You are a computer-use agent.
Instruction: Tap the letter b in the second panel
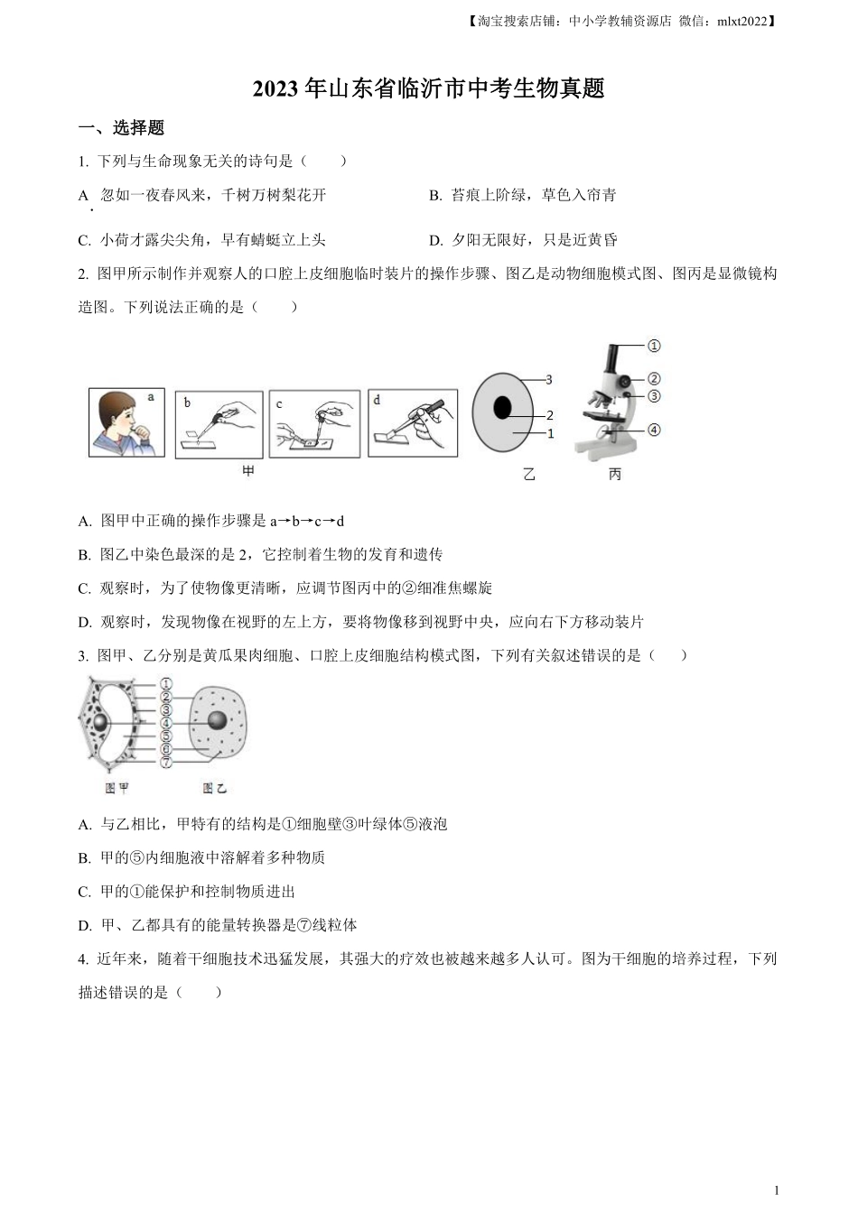click(x=187, y=402)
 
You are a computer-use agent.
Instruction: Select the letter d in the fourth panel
click(x=377, y=399)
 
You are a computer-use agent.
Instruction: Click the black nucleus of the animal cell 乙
click(x=502, y=408)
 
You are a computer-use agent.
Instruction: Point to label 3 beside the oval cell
click(x=548, y=380)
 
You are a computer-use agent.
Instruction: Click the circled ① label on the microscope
click(x=654, y=346)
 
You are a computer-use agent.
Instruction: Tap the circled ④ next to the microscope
click(x=654, y=430)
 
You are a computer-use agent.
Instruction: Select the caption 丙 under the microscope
click(x=614, y=474)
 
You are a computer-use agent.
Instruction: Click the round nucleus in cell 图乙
click(x=218, y=720)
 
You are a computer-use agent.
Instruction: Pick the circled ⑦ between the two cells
click(x=166, y=763)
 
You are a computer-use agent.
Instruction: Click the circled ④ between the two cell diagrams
click(x=166, y=723)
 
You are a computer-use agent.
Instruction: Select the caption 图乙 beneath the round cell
click(x=214, y=788)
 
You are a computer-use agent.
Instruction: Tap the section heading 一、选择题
click(x=121, y=128)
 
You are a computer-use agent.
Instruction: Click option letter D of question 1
click(x=434, y=240)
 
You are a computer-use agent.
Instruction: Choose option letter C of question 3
click(x=84, y=892)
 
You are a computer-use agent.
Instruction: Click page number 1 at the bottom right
click(x=778, y=1190)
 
